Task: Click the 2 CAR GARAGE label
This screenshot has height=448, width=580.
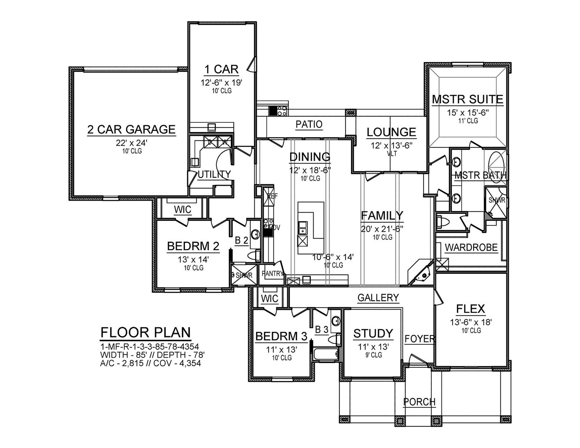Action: coord(131,129)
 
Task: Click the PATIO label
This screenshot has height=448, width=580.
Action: coord(308,124)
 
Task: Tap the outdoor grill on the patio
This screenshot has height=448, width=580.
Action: coord(278,111)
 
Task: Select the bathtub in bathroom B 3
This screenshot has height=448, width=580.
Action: coord(326,354)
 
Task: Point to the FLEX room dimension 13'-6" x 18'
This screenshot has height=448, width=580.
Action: coord(471,322)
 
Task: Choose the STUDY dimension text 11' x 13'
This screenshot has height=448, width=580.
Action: coord(373,347)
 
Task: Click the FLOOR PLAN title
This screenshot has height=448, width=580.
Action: coord(146,332)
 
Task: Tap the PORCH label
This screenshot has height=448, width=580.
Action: coord(419,402)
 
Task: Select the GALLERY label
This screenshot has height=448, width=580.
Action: coord(378,298)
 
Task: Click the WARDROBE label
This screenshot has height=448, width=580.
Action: coord(471,247)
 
